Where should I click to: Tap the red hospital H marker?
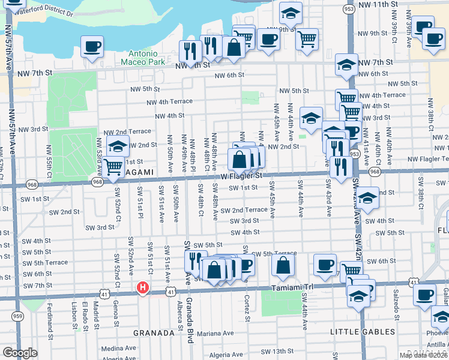[142, 288]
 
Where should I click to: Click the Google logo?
[20, 353]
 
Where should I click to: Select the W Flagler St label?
[241, 176]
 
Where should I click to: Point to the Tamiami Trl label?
[292, 288]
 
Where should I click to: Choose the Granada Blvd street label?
[190, 320]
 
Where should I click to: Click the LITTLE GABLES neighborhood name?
[363, 331]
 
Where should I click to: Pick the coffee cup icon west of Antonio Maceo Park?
[92, 46]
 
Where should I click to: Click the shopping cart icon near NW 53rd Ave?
[113, 166]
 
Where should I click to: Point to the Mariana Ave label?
[215, 333]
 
